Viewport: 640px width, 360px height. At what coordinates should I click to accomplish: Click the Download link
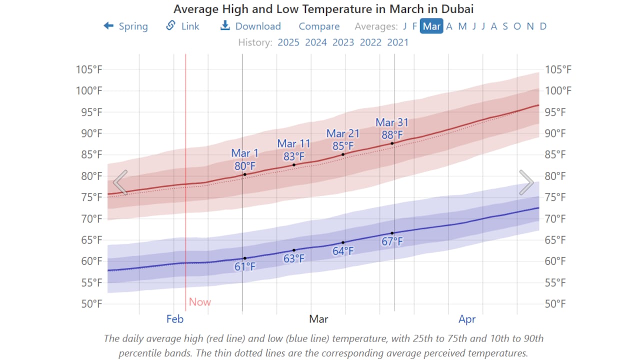click(x=251, y=26)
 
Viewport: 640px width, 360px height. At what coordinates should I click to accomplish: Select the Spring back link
click(x=126, y=26)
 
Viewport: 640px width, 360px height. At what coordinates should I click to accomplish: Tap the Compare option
click(x=319, y=26)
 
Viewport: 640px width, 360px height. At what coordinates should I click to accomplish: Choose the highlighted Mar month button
click(x=431, y=26)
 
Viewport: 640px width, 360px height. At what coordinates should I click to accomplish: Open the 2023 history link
click(x=343, y=42)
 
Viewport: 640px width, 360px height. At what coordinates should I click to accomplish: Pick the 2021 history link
click(x=397, y=42)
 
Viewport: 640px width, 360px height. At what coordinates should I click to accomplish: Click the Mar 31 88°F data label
click(x=392, y=128)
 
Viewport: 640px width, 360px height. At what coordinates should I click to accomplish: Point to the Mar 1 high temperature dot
click(x=244, y=174)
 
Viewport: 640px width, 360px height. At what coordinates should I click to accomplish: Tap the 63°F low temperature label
click(x=294, y=258)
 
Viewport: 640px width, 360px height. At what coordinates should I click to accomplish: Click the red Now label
click(x=200, y=302)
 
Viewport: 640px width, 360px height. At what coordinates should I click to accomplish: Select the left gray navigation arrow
click(x=120, y=182)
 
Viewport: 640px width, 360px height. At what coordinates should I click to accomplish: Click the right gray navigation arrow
click(x=526, y=182)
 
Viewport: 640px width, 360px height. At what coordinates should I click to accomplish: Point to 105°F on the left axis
click(x=89, y=69)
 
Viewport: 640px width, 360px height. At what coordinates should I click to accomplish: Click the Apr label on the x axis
click(x=467, y=319)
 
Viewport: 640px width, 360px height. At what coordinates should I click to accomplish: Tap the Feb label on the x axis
click(x=175, y=319)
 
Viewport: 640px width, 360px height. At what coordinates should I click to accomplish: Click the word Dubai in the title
click(x=457, y=9)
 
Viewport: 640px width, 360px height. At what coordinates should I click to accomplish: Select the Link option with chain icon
click(x=183, y=26)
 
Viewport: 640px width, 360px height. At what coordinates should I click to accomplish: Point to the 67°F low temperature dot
click(x=392, y=233)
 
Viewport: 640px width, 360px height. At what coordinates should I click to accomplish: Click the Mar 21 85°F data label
click(x=343, y=139)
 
